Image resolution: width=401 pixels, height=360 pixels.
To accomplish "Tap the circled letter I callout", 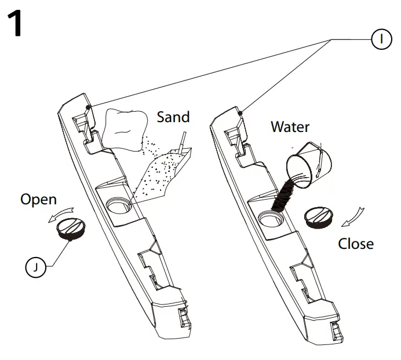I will tap(380, 39).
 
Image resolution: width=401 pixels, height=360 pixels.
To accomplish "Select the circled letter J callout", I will tap(36, 267).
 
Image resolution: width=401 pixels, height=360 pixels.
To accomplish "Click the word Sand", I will tap(173, 117).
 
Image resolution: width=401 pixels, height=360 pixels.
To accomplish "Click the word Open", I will tap(38, 200).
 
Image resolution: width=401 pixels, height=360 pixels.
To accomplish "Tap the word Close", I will tap(356, 243).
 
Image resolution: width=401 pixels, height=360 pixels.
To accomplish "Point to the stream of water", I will tap(283, 195).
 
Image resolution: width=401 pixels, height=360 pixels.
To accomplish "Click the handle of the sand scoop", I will tap(183, 142).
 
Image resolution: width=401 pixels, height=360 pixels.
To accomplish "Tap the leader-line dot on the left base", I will tap(87, 107).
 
